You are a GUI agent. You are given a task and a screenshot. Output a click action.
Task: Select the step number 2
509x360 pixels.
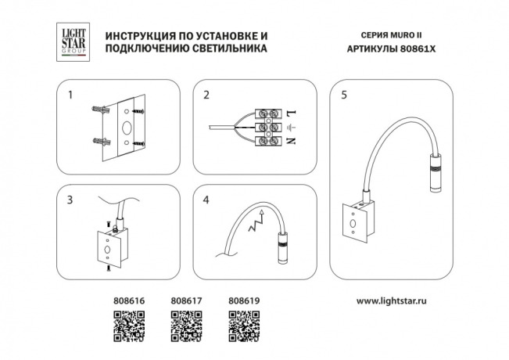click(x=206, y=96)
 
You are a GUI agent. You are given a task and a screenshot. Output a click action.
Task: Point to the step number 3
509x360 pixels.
click(x=70, y=200)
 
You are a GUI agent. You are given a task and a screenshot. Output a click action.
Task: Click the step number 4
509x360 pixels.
click(x=206, y=200)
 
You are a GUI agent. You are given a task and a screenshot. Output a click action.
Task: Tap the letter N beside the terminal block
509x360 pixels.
click(x=291, y=142)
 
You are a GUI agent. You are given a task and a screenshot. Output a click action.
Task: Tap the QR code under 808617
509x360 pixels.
click(x=185, y=325)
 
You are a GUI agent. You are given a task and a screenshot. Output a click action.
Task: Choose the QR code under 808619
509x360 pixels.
click(x=242, y=325)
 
